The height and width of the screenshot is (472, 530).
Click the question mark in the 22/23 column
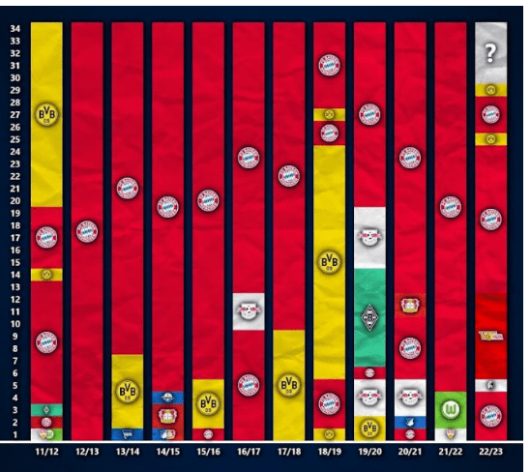[x=490, y=54]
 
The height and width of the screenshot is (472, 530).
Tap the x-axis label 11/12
[x=46, y=452]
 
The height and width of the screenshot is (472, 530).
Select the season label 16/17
[x=248, y=452]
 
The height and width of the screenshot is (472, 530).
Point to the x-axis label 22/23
[x=491, y=452]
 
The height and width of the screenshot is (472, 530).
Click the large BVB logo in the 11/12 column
[x=46, y=114]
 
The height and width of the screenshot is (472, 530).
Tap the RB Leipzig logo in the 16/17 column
[x=249, y=310]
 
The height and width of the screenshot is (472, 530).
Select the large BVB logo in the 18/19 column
[x=330, y=261]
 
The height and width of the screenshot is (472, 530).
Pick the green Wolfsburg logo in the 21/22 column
[x=450, y=410]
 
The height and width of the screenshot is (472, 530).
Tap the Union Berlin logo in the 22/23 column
[x=490, y=336]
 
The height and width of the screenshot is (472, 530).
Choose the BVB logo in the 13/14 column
[x=127, y=391]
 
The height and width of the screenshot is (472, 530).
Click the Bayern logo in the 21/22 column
[x=450, y=206]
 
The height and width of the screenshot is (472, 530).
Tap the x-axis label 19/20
[x=369, y=452]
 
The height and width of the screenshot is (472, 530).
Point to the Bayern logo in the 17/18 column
[x=289, y=175]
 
